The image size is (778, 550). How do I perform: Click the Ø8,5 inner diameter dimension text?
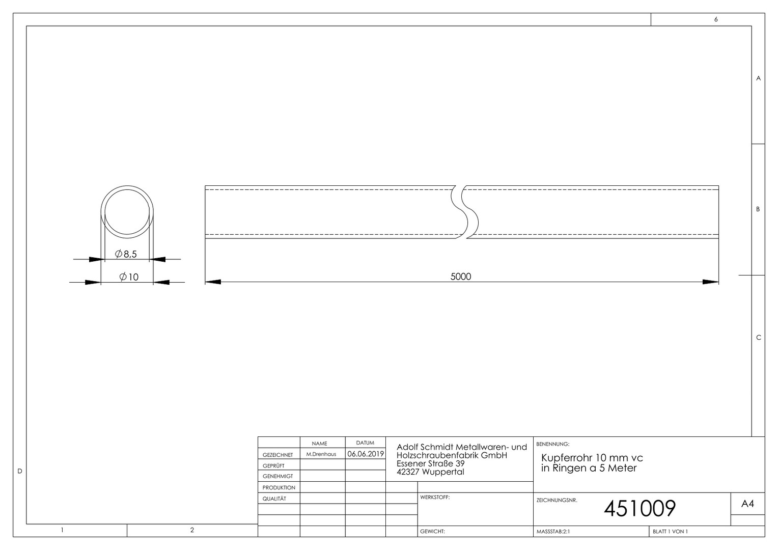[x=126, y=254]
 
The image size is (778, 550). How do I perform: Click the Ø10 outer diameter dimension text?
[x=129, y=277]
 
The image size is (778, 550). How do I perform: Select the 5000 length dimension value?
[x=461, y=277]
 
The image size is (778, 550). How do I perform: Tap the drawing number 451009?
[x=640, y=508]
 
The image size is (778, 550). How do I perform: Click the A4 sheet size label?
[x=747, y=504]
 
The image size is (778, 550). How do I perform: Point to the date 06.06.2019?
[x=366, y=454]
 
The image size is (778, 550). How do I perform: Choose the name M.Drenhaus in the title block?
[x=321, y=454]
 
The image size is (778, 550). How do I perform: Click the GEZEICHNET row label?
[x=277, y=455]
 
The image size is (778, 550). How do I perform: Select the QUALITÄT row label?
[x=274, y=499]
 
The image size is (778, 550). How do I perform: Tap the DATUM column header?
[x=365, y=443]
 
